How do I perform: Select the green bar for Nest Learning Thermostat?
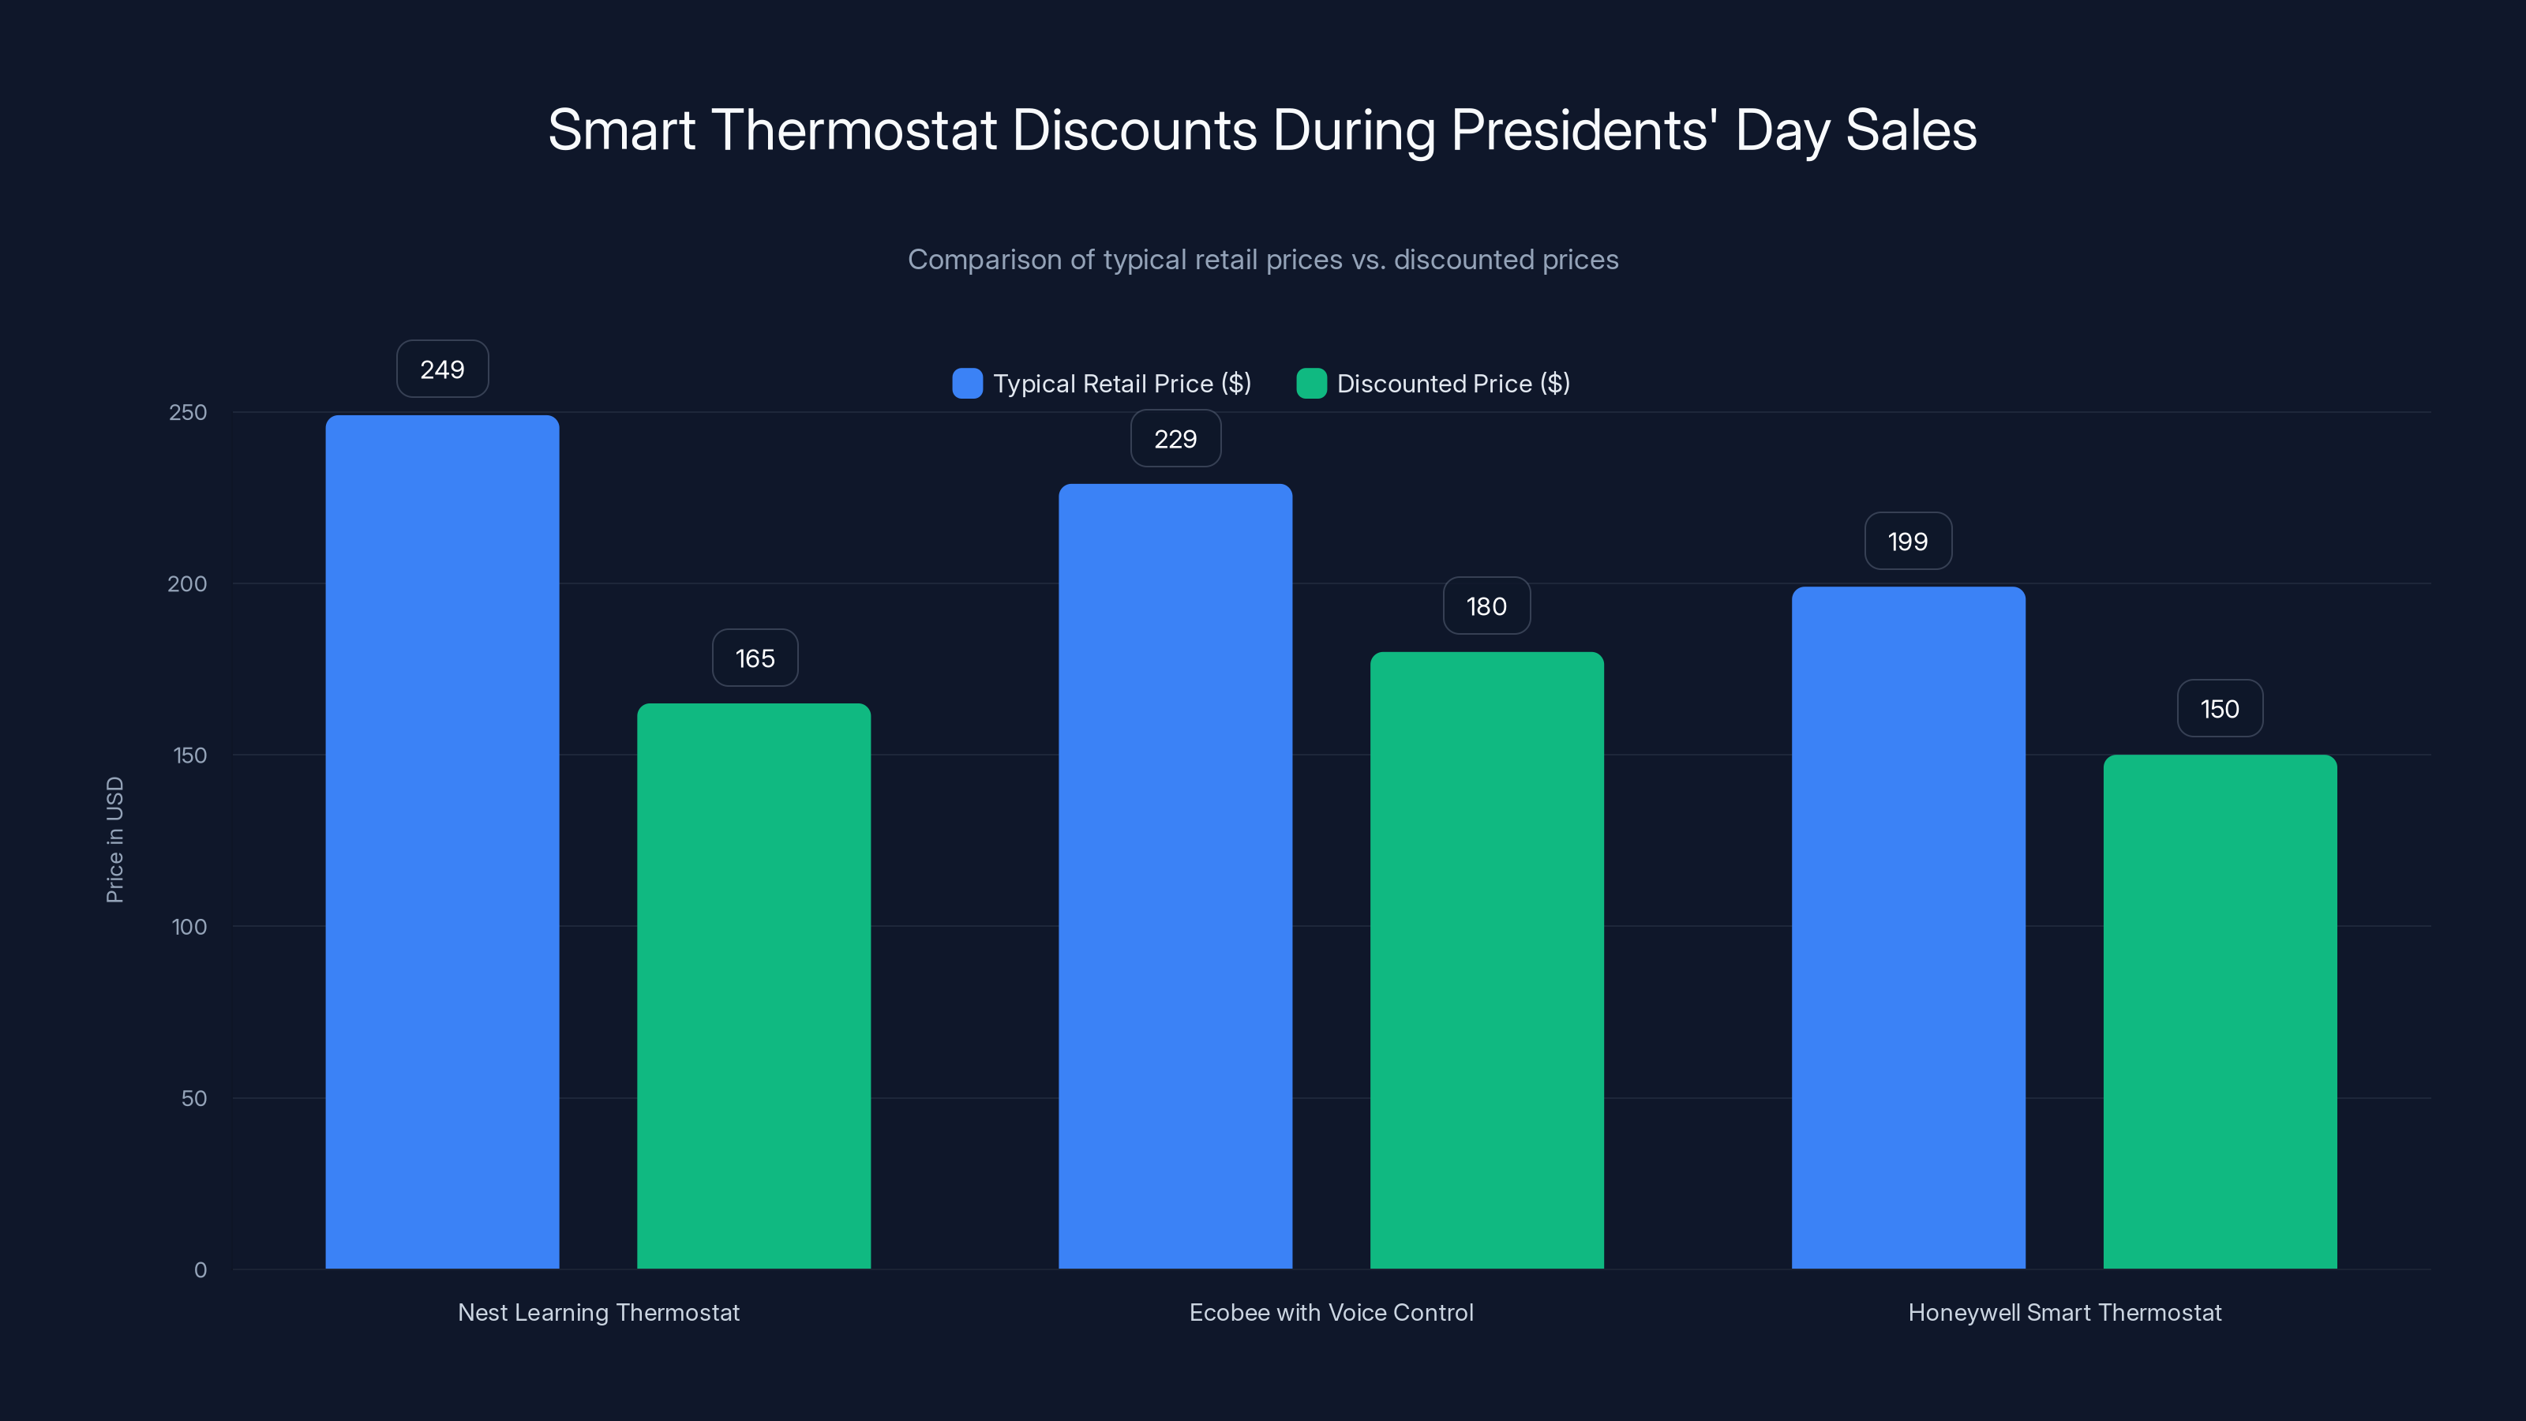tap(754, 985)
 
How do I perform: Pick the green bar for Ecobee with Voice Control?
tap(1486, 960)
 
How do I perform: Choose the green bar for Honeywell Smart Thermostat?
tap(2220, 1011)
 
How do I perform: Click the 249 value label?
tap(442, 369)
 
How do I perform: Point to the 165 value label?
tap(754, 658)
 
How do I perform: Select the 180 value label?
tap(1486, 606)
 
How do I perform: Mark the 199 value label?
tap(1908, 542)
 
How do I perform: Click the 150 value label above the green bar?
tap(2220, 709)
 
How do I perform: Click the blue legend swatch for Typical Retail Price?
tap(967, 384)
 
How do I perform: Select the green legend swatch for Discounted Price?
tap(1311, 384)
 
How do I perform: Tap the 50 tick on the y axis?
tap(194, 1098)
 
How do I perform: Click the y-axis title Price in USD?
tap(114, 839)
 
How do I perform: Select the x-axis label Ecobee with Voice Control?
tap(1331, 1312)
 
